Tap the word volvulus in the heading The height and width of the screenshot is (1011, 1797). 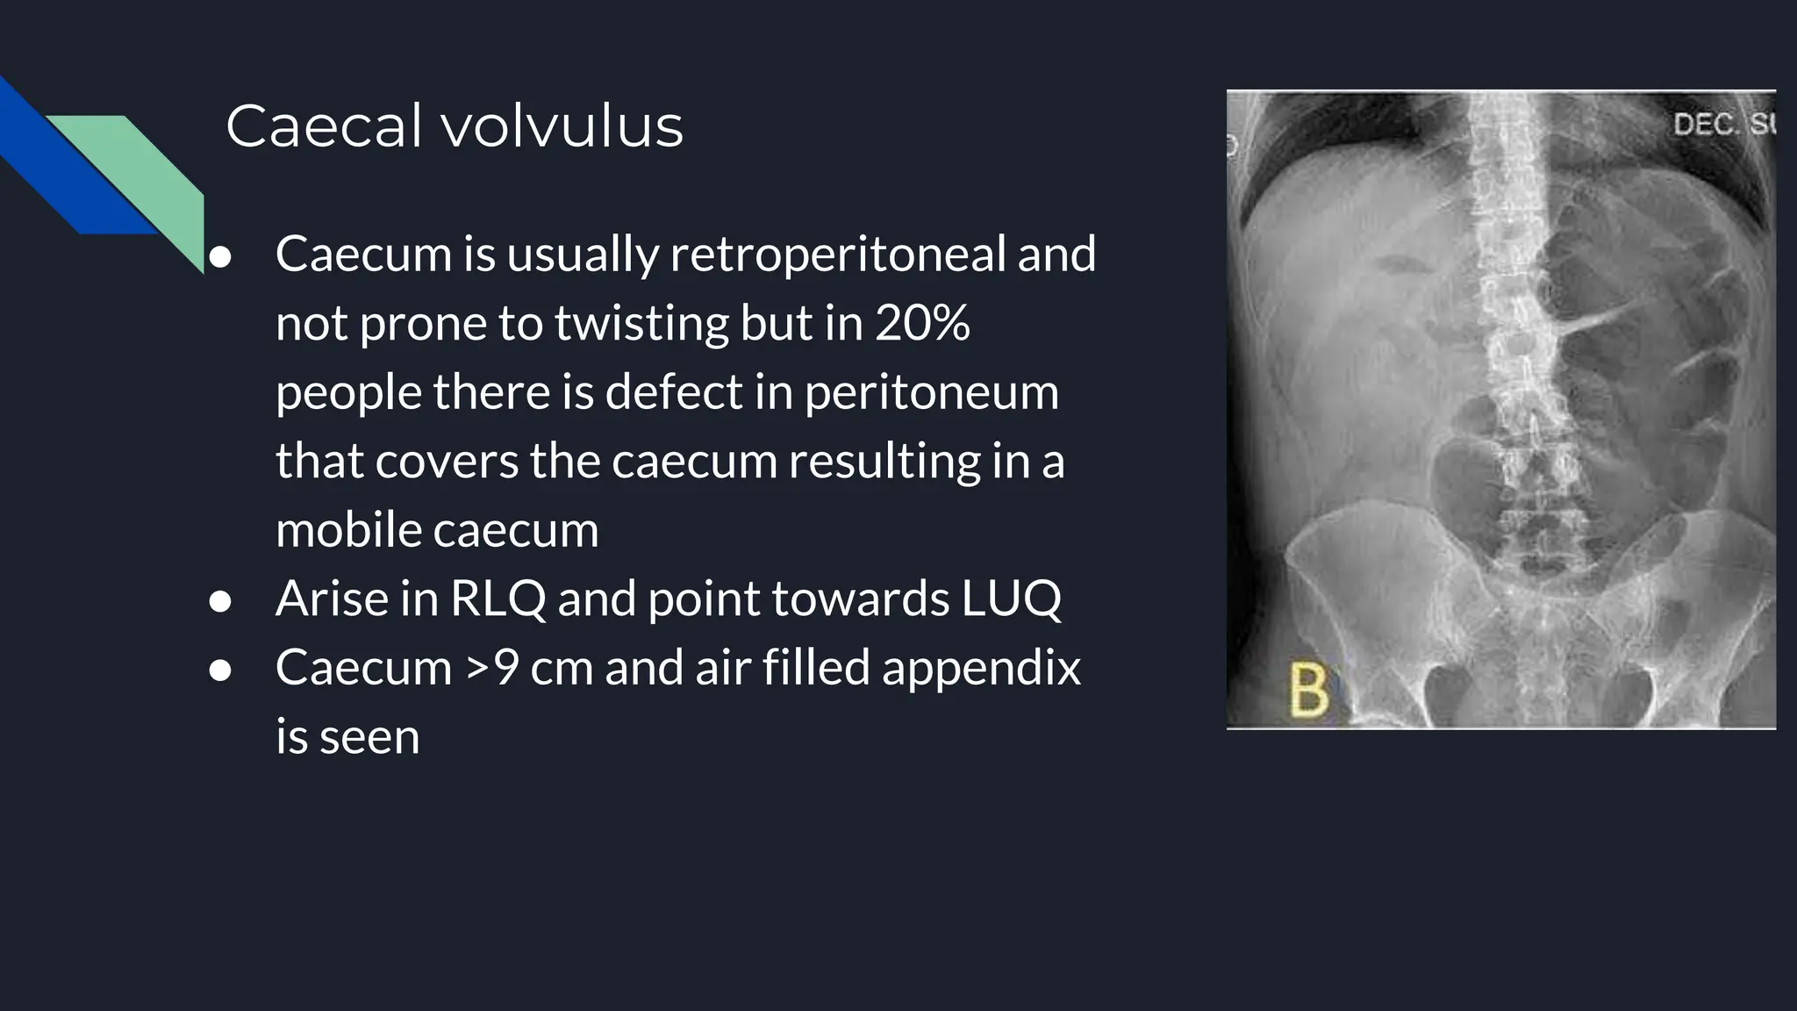tap(562, 126)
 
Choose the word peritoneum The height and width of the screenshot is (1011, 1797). tap(931, 392)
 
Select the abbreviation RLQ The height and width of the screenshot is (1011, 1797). tap(498, 599)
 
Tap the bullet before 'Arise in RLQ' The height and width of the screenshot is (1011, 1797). tap(220, 601)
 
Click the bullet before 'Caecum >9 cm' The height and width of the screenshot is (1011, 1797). tap(220, 670)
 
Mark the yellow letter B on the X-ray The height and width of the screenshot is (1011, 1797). tap(1308, 690)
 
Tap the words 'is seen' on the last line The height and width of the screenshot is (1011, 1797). tap(347, 737)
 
